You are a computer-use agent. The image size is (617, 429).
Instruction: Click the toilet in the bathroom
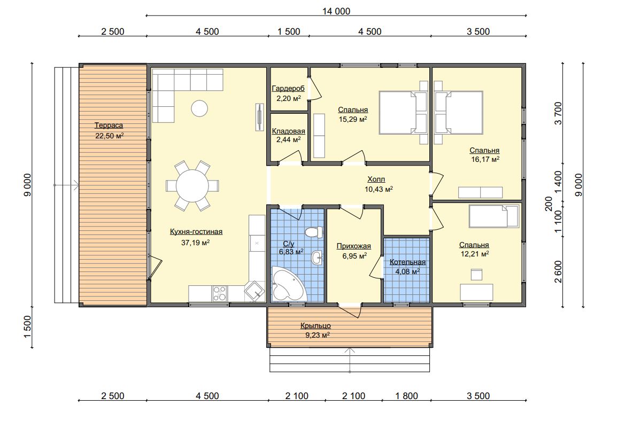pyautogui.click(x=314, y=232)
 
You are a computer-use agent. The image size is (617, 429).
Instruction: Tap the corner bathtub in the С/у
pyautogui.click(x=288, y=284)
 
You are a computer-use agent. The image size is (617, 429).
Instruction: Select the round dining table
pyautogui.click(x=192, y=185)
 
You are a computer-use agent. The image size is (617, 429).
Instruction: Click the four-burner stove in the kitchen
pyautogui.click(x=220, y=293)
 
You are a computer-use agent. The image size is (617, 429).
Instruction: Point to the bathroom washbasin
pyautogui.click(x=317, y=258)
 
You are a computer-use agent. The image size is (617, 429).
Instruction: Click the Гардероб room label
pyautogui.click(x=288, y=89)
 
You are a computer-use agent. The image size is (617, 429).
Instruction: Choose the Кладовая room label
pyautogui.click(x=288, y=131)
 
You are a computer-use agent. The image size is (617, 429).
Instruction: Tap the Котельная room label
pyautogui.click(x=407, y=262)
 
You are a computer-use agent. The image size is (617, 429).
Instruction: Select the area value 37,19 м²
pyautogui.click(x=195, y=243)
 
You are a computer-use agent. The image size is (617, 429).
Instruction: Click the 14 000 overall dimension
pyautogui.click(x=336, y=11)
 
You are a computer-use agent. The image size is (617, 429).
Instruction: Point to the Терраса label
pyautogui.click(x=109, y=126)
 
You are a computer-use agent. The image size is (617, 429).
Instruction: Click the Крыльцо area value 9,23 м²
pyautogui.click(x=317, y=335)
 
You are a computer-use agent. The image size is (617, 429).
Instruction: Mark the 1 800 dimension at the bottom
pyautogui.click(x=406, y=396)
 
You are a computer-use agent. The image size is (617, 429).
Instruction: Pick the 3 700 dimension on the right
pyautogui.click(x=558, y=113)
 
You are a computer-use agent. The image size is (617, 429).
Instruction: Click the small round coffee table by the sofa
pyautogui.click(x=199, y=108)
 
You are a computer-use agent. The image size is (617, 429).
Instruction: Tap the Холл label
pyautogui.click(x=376, y=180)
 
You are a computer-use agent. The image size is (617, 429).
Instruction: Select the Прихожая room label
pyautogui.click(x=354, y=246)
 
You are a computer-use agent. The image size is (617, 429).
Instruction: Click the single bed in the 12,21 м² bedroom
pyautogui.click(x=494, y=216)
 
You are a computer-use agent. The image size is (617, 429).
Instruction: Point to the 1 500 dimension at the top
pyautogui.click(x=288, y=32)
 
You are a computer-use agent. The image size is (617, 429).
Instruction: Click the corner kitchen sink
pyautogui.click(x=254, y=291)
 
